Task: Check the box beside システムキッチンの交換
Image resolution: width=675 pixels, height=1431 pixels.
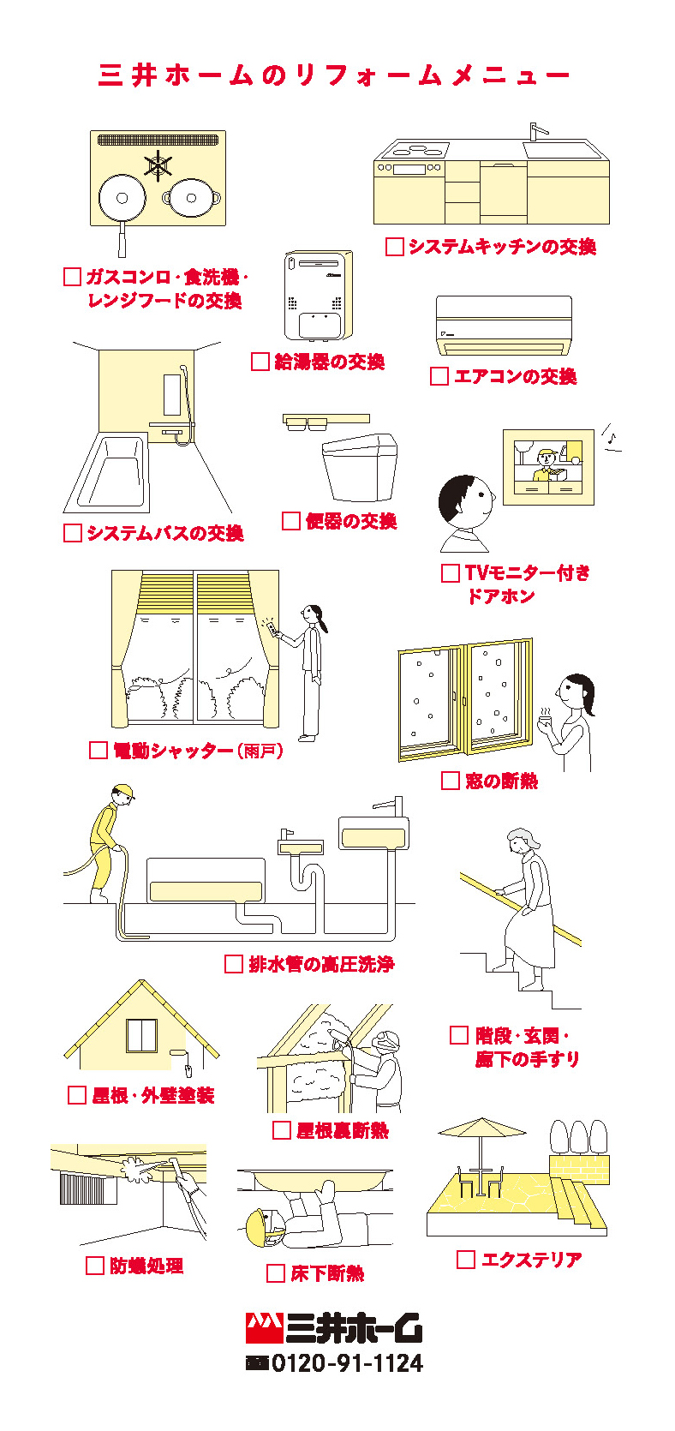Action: click(394, 247)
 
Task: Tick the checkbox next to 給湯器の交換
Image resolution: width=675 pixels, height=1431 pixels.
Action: click(260, 362)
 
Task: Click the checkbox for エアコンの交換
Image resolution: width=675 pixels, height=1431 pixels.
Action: click(439, 376)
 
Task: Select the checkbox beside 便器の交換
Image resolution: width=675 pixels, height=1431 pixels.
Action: click(291, 521)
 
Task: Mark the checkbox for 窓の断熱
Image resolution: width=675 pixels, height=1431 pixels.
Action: click(451, 781)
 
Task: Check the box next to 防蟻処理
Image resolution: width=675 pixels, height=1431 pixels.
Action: click(95, 1266)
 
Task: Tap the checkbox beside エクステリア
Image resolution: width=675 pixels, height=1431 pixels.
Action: click(466, 1260)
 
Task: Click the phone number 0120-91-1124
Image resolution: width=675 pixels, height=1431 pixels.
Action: click(347, 1363)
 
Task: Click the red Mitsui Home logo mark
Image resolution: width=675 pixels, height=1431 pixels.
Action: click(264, 1327)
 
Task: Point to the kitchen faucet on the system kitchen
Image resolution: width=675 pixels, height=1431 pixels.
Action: click(535, 131)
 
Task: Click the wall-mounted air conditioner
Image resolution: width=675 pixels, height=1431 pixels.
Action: click(504, 326)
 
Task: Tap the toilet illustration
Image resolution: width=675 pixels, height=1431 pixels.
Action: click(360, 467)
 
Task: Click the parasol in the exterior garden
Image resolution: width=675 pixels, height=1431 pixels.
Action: click(481, 1129)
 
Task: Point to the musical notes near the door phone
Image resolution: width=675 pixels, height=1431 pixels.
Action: click(611, 435)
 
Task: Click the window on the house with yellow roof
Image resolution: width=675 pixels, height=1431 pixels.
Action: click(142, 1035)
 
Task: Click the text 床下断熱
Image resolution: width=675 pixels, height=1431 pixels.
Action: click(327, 1274)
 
